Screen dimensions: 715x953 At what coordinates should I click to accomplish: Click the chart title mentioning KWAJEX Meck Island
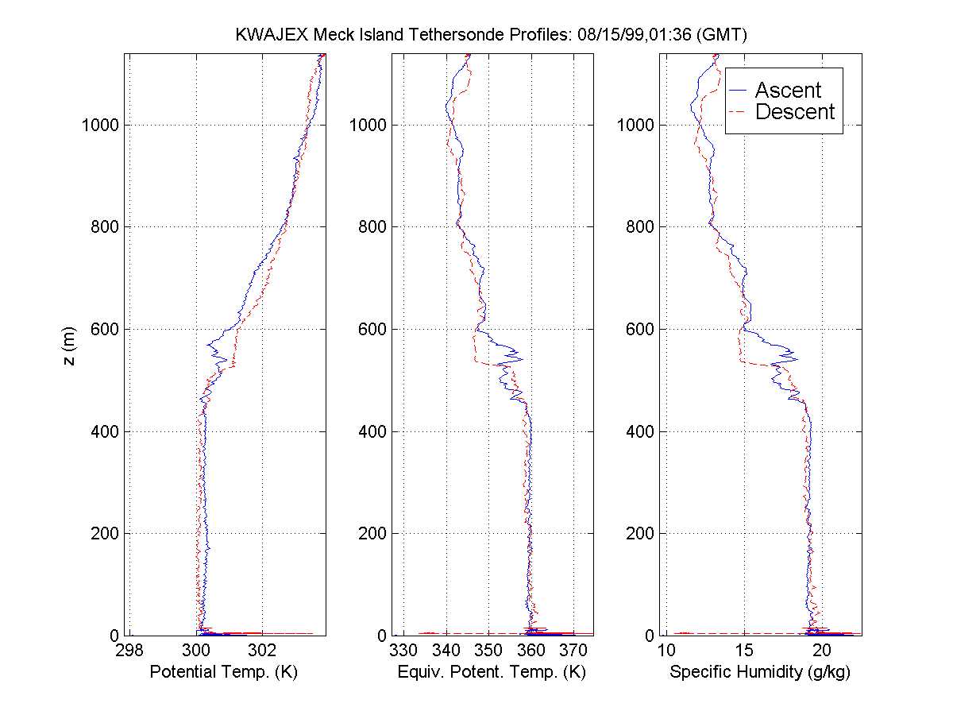pyautogui.click(x=492, y=35)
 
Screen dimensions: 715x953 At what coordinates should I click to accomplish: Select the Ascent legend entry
pyautogui.click(x=787, y=90)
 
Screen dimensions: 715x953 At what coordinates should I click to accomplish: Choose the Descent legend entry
pyautogui.click(x=794, y=112)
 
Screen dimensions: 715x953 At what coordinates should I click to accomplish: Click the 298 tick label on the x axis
pyautogui.click(x=131, y=651)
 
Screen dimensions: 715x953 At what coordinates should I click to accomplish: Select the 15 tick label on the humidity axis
pyautogui.click(x=744, y=651)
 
